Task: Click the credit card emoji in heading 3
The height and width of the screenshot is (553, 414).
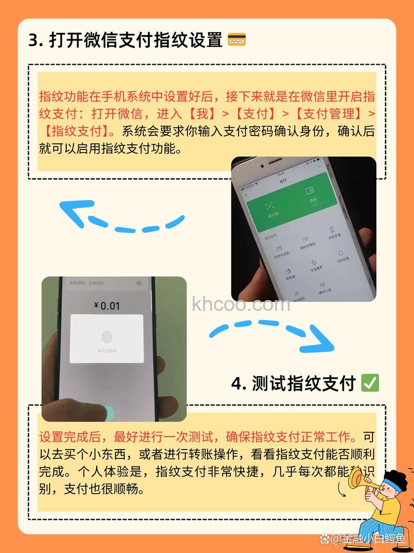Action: pos(236,40)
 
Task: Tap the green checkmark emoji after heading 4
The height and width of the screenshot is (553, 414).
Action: pos(370,383)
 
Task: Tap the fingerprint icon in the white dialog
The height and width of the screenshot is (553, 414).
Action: pos(107,337)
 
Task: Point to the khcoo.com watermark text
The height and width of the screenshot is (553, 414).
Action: pos(241,305)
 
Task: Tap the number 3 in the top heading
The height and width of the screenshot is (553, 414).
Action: pos(34,40)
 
